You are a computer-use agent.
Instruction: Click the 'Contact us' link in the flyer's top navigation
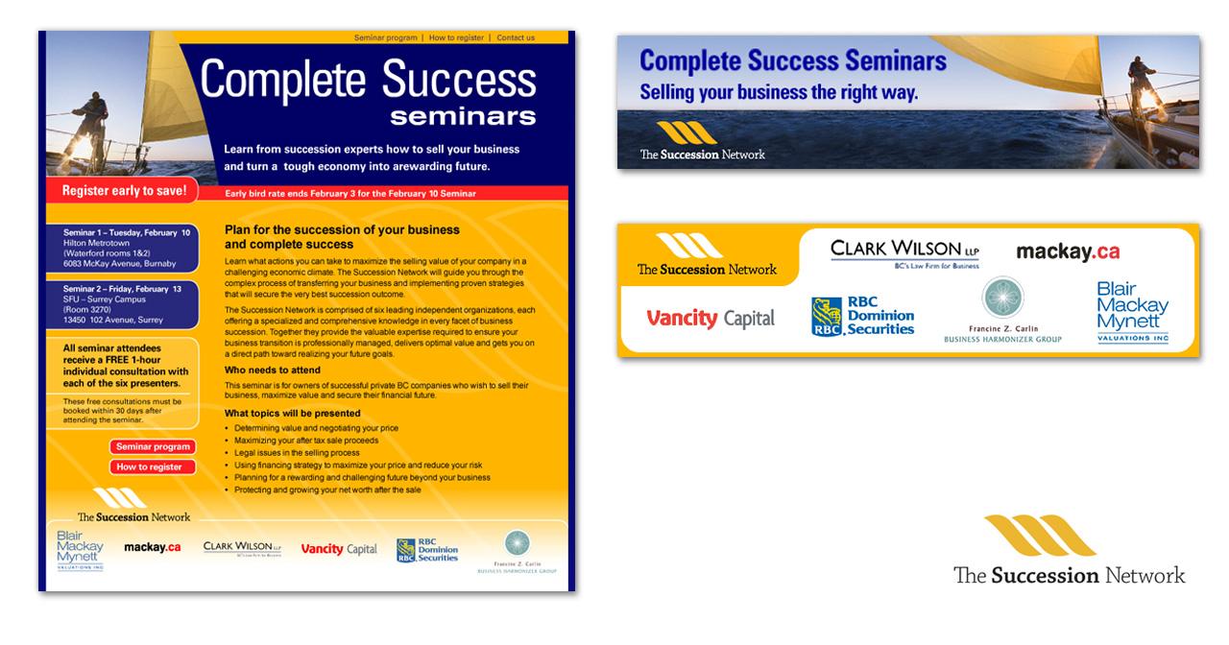[516, 37]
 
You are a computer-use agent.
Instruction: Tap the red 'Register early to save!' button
[124, 191]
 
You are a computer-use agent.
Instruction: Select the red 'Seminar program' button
[154, 446]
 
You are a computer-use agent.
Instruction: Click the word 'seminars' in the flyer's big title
[463, 116]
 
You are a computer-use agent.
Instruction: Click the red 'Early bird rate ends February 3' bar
[384, 193]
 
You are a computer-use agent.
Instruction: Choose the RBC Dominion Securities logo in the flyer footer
[428, 550]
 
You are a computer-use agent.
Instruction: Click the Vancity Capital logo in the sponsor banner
[711, 319]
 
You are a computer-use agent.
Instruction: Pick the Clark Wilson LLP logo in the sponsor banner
[904, 252]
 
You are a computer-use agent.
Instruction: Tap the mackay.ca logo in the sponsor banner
[1068, 252]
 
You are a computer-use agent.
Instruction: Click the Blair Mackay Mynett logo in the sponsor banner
[1133, 312]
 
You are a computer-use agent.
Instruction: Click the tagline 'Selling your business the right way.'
[779, 93]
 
